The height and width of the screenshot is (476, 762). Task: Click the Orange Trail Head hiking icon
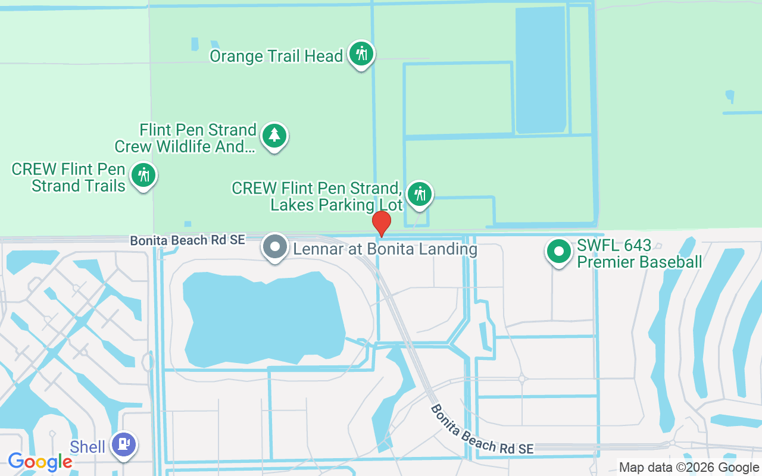(361, 54)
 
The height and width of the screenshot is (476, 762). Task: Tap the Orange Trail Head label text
(276, 57)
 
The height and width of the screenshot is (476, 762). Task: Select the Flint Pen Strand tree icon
(274, 135)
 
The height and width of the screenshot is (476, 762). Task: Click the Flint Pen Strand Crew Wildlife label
(186, 138)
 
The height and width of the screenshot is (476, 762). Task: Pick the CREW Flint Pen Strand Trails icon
(143, 175)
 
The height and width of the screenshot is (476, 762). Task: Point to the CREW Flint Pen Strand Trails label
(69, 177)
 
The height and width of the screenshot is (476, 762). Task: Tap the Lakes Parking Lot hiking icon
(420, 194)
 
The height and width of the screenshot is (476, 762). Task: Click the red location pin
(382, 223)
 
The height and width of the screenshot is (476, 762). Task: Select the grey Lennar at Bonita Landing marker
(275, 246)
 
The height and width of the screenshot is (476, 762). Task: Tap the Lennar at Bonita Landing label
(383, 249)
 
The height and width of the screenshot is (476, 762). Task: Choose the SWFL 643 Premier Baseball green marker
(558, 252)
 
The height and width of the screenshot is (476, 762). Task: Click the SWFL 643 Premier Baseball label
(639, 253)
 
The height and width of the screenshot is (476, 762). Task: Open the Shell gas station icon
(124, 444)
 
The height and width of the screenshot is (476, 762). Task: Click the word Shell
(88, 447)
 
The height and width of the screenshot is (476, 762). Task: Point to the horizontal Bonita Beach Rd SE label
(188, 240)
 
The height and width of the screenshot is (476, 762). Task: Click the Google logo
(40, 461)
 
